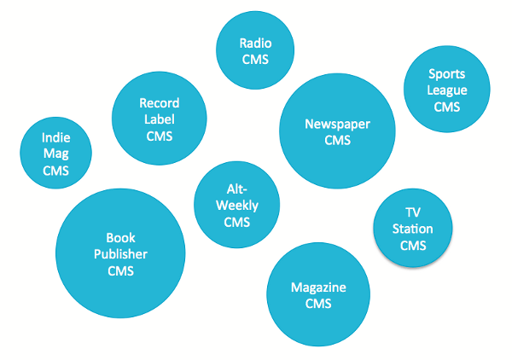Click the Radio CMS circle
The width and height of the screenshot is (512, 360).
254,50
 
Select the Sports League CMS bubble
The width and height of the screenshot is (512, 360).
446,90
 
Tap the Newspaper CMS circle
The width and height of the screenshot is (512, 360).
337,131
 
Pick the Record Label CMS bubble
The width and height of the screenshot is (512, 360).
159,119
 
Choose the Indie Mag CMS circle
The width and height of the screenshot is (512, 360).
55,154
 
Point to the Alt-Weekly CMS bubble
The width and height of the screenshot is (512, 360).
237,205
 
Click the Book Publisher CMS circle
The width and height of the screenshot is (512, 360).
120,253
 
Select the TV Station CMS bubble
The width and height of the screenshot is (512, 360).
412,229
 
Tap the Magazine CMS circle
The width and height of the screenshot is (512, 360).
317,293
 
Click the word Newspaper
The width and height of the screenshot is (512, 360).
337,124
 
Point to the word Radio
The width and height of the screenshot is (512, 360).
254,43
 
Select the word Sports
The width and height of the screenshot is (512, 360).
446,74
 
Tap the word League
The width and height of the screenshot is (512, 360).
446,90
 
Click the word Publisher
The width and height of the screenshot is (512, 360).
120,254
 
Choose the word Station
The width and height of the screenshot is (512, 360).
412,229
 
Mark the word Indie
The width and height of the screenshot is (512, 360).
55,137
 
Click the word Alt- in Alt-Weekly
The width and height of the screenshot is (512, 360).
237,189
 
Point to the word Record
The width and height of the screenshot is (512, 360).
159,102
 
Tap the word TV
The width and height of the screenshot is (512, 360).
412,212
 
